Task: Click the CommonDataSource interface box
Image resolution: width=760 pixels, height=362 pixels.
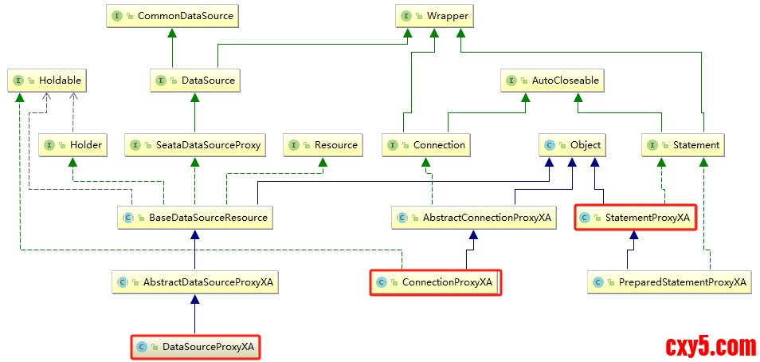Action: pyautogui.click(x=171, y=15)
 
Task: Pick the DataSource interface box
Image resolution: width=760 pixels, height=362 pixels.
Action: pyautogui.click(x=194, y=80)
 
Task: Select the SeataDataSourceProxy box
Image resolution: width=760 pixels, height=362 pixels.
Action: pyautogui.click(x=194, y=145)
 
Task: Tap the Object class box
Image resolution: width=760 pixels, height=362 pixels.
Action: pyautogui.click(x=572, y=145)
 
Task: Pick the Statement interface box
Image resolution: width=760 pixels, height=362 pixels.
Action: pyautogui.click(x=684, y=145)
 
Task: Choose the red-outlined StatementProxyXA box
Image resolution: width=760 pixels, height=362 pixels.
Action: pyautogui.click(x=635, y=217)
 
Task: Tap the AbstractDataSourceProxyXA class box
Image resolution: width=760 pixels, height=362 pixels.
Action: pyautogui.click(x=195, y=281)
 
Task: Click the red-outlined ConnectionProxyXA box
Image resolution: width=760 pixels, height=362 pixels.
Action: pyautogui.click(x=435, y=282)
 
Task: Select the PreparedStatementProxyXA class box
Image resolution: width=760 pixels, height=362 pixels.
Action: pyautogui.click(x=669, y=281)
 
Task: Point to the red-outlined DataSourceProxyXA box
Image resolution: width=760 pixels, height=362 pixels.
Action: pyautogui.click(x=195, y=347)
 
